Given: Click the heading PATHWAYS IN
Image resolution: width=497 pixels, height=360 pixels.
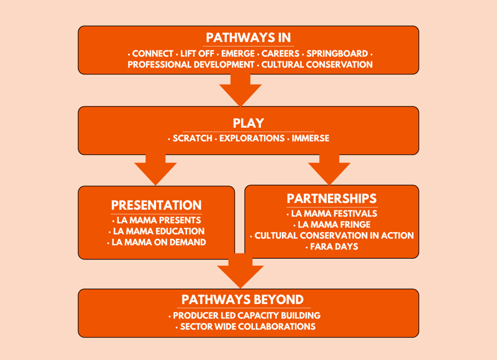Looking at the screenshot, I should pos(248,38).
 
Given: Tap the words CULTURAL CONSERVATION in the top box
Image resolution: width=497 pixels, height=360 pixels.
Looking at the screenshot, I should pos(317,65).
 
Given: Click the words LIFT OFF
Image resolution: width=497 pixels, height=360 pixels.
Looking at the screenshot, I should pos(198,53).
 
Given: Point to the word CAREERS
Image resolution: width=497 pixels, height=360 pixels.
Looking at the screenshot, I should pos(280,53).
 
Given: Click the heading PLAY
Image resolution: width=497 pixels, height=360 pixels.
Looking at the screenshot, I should pos(248,123).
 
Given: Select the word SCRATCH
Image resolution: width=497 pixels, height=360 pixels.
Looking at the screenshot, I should pos(192,138).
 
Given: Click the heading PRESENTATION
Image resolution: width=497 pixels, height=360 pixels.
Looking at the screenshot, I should pos(157,205).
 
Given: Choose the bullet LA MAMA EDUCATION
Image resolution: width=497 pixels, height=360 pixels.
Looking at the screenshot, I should pos(158,231).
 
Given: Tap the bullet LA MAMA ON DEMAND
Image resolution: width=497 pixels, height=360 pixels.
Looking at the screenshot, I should pos(159,242).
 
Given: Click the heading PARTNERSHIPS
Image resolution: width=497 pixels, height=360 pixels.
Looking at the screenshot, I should pos(332,198).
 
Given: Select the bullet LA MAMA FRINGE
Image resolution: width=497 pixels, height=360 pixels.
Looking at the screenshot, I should pos(334,224).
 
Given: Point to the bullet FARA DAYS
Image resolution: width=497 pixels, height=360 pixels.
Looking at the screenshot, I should pos(334,246).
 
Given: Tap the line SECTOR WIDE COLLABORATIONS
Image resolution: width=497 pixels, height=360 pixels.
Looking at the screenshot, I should pos(247,326).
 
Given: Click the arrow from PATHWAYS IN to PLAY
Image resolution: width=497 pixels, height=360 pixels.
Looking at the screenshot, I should pos(240,90).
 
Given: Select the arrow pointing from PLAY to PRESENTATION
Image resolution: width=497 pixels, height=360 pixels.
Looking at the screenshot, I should pos(156,169).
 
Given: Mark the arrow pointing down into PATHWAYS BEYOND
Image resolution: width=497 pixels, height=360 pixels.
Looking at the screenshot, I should pos(240,271).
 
